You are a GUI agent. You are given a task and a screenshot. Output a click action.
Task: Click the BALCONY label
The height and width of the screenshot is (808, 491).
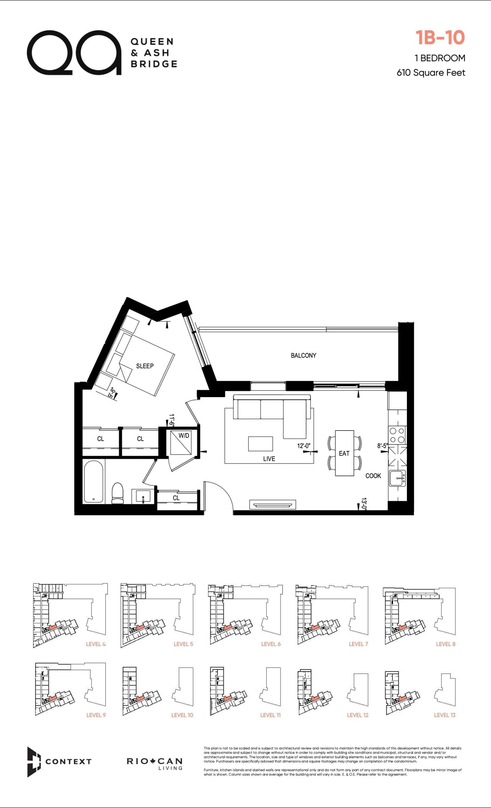(303, 355)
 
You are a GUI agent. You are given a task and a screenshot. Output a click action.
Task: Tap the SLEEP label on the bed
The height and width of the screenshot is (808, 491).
(145, 366)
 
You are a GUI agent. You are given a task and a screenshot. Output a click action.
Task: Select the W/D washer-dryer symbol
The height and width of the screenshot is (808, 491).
(181, 443)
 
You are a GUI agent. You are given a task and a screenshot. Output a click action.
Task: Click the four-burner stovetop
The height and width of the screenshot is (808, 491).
(397, 435)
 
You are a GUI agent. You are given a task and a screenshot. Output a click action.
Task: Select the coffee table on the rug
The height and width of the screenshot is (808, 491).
(261, 444)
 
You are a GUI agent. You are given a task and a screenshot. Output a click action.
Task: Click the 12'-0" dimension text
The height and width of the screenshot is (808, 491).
(304, 446)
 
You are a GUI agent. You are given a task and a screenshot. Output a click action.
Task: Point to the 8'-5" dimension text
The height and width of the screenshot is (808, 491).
(382, 446)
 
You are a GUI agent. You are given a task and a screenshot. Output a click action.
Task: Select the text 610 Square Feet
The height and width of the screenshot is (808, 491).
(431, 73)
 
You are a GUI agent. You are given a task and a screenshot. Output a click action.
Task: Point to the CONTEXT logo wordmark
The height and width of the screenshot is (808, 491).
(68, 761)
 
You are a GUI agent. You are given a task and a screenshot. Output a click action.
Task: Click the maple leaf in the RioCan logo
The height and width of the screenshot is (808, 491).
(153, 761)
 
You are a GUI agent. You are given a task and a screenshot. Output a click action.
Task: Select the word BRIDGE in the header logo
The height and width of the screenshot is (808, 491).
(154, 64)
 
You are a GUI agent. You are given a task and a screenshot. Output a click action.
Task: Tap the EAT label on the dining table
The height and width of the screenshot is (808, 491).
(344, 454)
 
